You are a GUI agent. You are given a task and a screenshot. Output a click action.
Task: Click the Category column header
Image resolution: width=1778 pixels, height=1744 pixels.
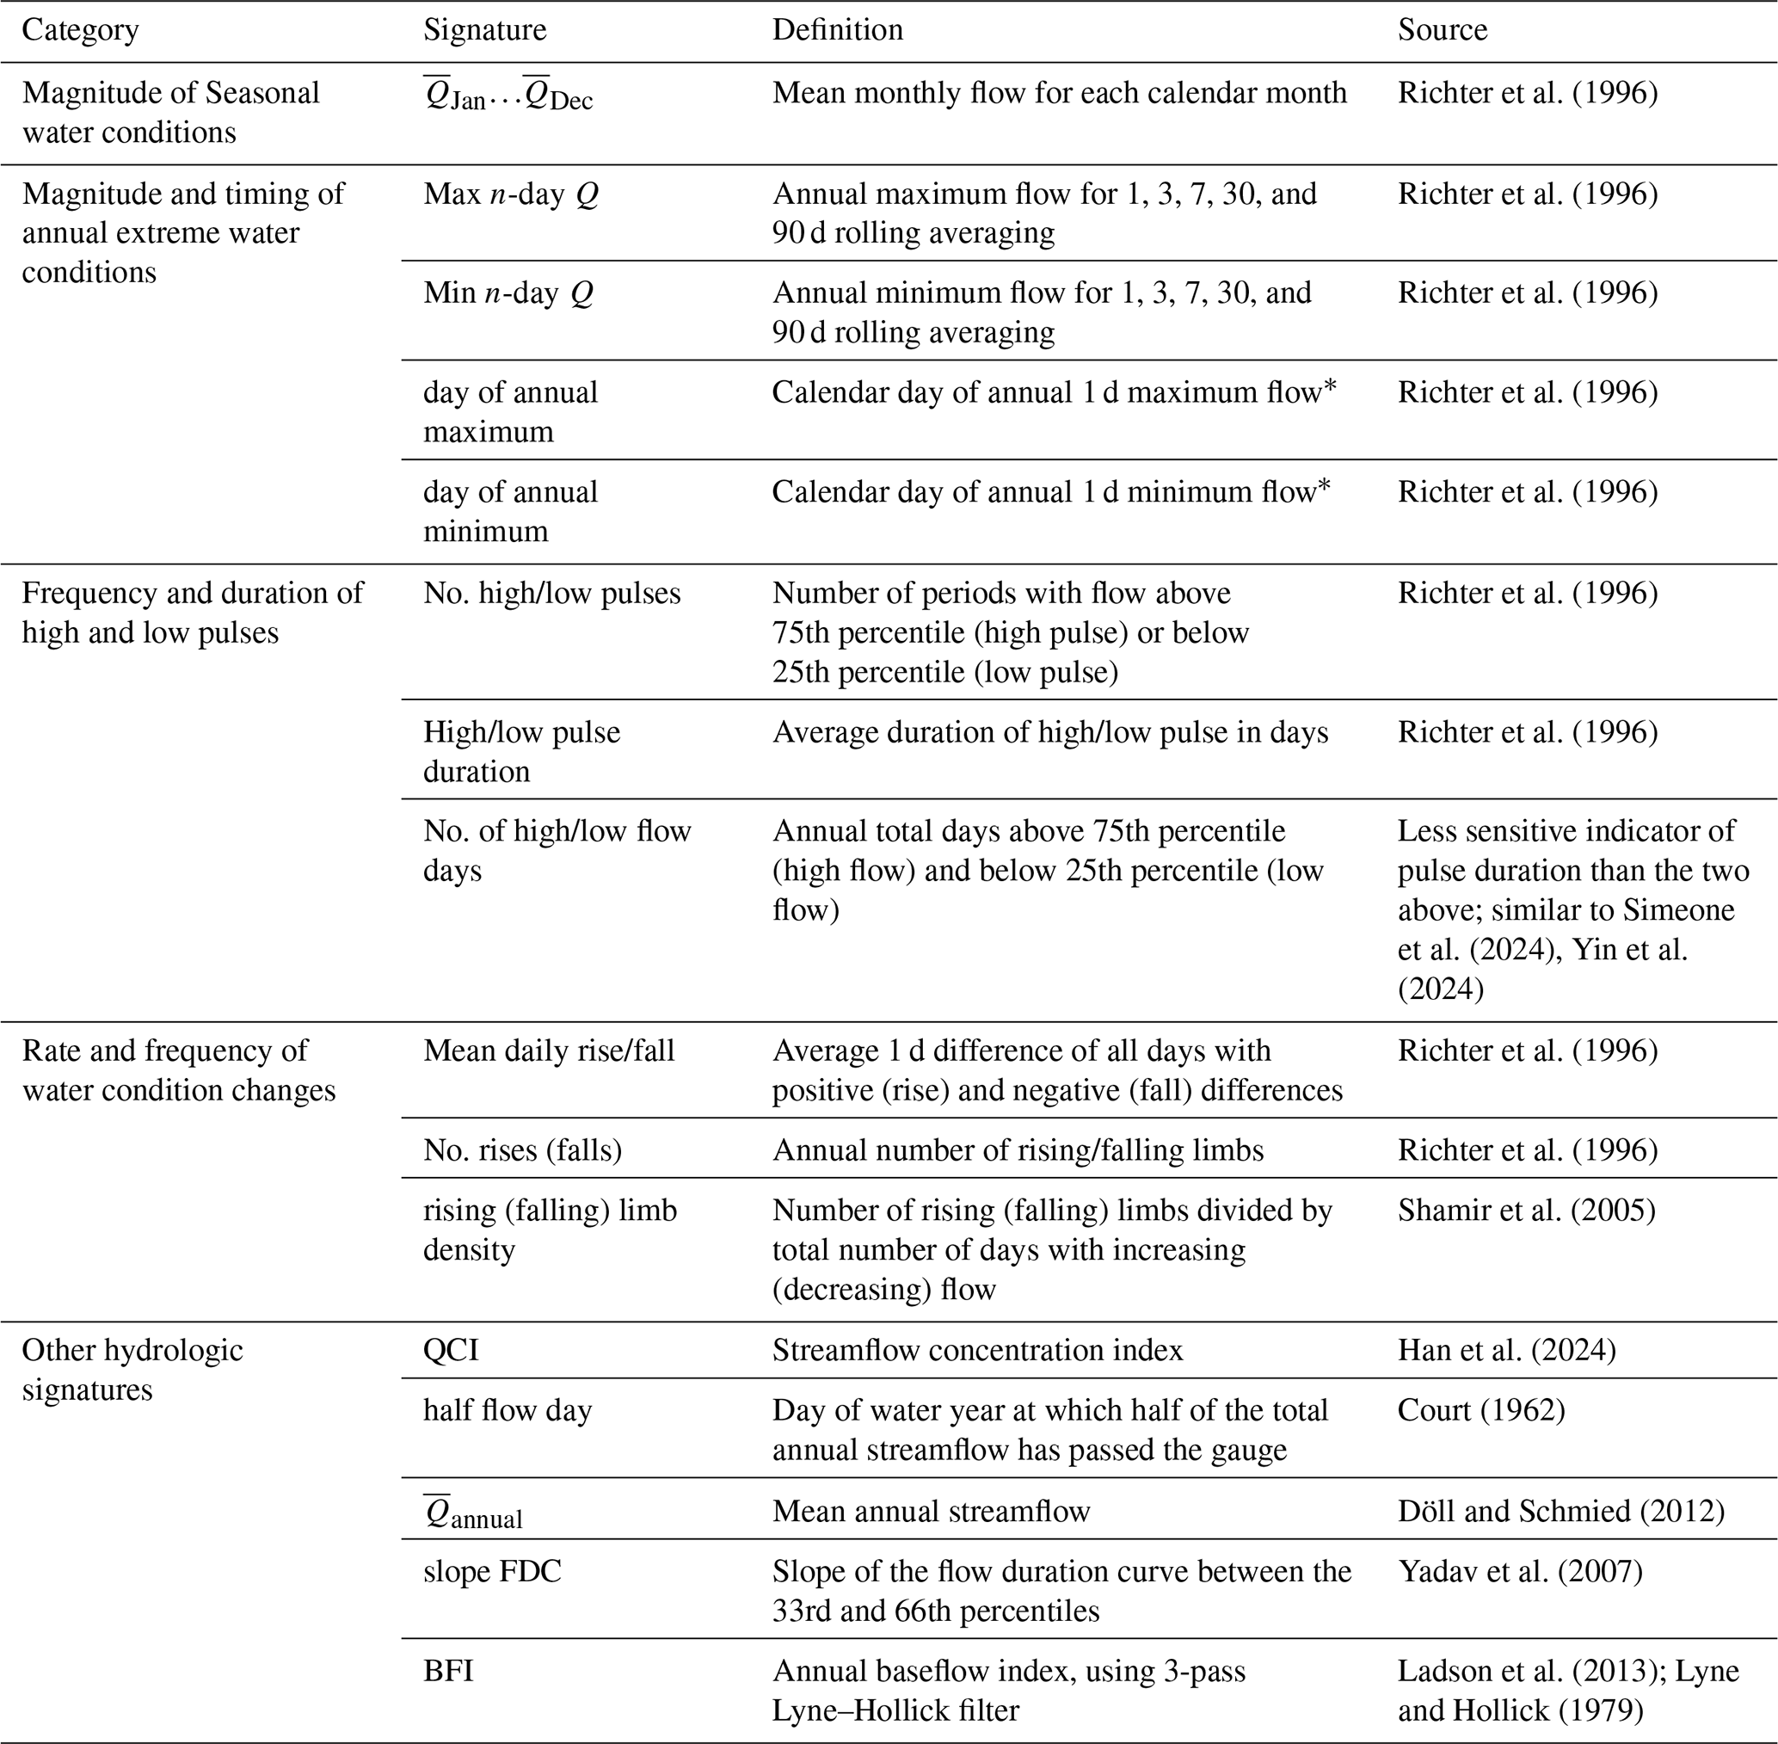click(81, 29)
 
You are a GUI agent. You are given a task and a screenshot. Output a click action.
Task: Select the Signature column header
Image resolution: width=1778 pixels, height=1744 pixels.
click(484, 29)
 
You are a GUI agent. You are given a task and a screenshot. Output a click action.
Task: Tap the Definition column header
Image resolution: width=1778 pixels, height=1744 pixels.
click(837, 29)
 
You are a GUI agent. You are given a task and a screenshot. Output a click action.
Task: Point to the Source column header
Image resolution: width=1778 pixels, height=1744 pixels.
click(1442, 29)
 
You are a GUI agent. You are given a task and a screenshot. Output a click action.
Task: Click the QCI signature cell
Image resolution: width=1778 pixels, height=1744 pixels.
click(451, 1350)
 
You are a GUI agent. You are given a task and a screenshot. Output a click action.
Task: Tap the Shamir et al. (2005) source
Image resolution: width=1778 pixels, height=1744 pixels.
click(1526, 1210)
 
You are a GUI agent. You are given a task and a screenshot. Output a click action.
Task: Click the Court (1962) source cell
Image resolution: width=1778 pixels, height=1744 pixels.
click(1480, 1409)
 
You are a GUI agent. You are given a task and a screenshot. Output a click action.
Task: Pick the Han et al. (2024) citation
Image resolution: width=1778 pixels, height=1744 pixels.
click(1506, 1350)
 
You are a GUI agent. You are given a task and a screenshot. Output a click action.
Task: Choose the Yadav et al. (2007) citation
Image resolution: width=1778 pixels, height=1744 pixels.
click(1520, 1571)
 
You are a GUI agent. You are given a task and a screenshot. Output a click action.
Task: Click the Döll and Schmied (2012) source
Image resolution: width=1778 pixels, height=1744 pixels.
click(1561, 1511)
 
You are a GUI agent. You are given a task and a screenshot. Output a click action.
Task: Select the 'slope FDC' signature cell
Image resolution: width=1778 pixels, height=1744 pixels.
click(492, 1571)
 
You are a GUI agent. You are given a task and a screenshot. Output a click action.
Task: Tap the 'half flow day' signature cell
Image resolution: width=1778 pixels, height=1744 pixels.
click(508, 1409)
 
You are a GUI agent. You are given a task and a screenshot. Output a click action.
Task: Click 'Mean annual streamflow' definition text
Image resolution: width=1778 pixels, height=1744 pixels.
click(931, 1511)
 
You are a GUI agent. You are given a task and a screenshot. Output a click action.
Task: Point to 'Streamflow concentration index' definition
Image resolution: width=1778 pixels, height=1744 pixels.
click(977, 1350)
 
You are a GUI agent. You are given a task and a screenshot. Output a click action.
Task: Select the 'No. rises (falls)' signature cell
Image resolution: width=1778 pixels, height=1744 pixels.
click(522, 1149)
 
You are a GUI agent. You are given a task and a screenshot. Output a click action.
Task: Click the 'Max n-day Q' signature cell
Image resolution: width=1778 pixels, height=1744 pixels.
click(511, 194)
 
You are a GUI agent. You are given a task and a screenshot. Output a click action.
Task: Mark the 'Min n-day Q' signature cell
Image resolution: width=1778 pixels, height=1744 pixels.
click(508, 293)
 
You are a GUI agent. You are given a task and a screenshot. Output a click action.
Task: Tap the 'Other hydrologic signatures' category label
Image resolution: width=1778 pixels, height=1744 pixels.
click(132, 1370)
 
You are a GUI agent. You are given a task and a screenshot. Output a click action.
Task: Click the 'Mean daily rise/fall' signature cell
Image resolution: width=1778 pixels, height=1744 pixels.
click(549, 1050)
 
